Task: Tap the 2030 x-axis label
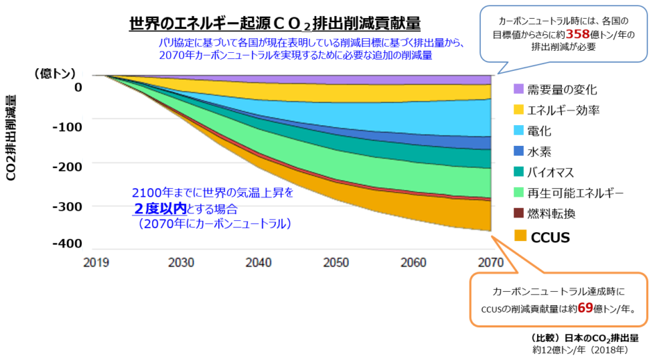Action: click(181, 263)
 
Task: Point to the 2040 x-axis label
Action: click(258, 263)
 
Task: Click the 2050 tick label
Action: click(336, 263)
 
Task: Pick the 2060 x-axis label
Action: click(414, 263)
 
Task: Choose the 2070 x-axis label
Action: click(490, 263)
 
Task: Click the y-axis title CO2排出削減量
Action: click(12, 138)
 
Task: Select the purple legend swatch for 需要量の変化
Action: click(518, 89)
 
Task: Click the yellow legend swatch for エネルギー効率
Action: click(518, 110)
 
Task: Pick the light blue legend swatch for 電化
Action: click(518, 130)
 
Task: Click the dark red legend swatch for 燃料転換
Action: click(518, 213)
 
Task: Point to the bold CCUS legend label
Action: click(550, 238)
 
